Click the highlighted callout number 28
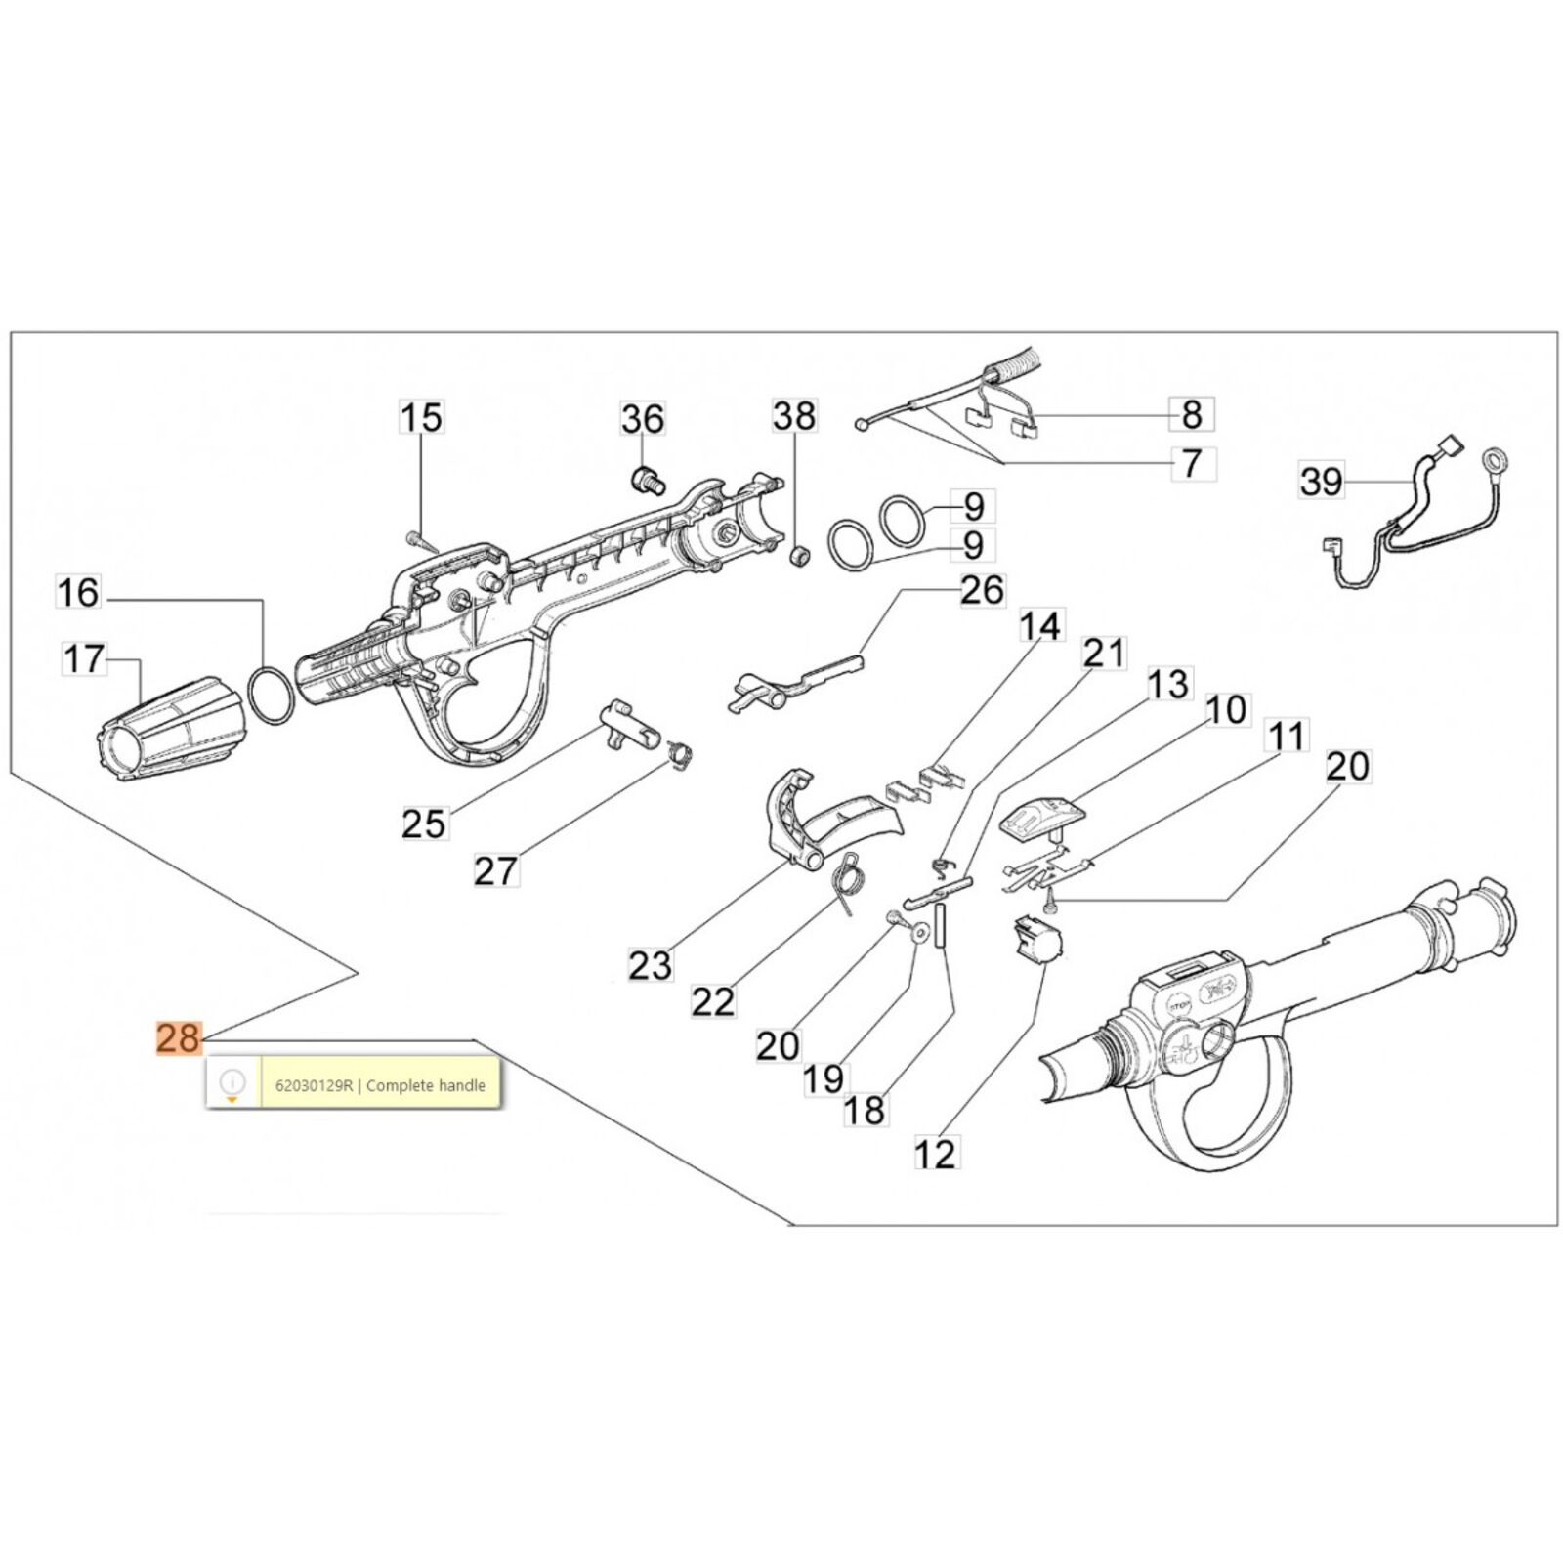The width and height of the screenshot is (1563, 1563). pos(179,1037)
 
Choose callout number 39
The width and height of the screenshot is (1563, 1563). pos(1322,481)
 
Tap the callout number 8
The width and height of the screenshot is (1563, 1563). pos(1191,414)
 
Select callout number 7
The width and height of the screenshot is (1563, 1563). pos(1191,462)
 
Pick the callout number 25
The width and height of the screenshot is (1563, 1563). pos(424,824)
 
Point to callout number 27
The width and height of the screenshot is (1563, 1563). pos(495,869)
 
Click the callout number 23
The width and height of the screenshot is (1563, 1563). pos(650,965)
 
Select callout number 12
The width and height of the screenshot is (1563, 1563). pos(935,1154)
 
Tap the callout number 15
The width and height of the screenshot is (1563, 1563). pos(421,417)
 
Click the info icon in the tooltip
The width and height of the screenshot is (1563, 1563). pos(232,1082)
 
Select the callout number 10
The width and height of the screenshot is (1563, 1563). pos(1226,709)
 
